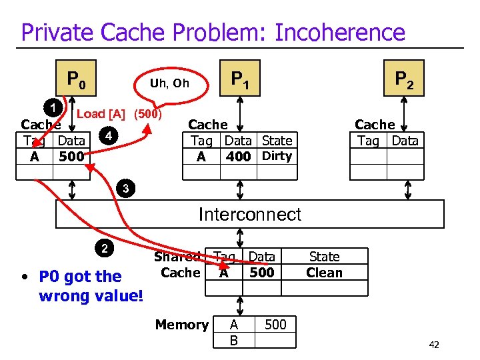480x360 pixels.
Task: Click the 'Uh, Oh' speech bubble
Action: [169, 83]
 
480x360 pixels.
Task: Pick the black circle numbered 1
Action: [52, 107]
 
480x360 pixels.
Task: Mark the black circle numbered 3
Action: [125, 189]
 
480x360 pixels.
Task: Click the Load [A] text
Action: [104, 114]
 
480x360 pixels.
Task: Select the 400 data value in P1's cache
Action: [238, 157]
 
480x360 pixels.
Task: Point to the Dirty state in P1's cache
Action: [277, 156]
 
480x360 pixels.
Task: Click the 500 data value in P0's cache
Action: [71, 157]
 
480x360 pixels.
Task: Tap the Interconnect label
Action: [250, 214]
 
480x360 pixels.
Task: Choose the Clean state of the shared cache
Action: [324, 273]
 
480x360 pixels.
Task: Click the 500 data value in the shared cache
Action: [261, 273]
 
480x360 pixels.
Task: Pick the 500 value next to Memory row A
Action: [275, 325]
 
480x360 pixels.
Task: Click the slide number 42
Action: [433, 345]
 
